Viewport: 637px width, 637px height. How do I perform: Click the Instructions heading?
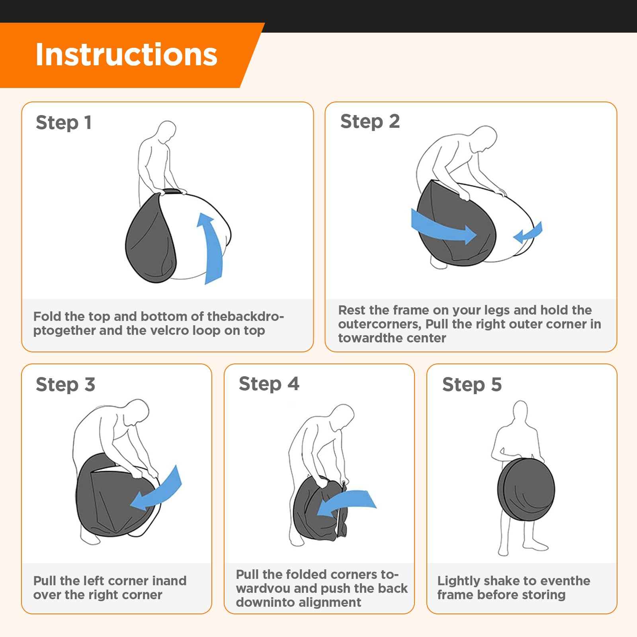126,55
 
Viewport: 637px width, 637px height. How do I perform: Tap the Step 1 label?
64,123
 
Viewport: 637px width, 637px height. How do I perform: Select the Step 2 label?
370,121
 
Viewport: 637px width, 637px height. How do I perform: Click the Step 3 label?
65,385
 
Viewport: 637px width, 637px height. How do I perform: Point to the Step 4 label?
269,384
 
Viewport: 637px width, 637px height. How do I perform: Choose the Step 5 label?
472,385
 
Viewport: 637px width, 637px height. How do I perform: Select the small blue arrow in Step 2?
528,233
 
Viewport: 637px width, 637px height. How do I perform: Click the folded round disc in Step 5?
526,490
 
